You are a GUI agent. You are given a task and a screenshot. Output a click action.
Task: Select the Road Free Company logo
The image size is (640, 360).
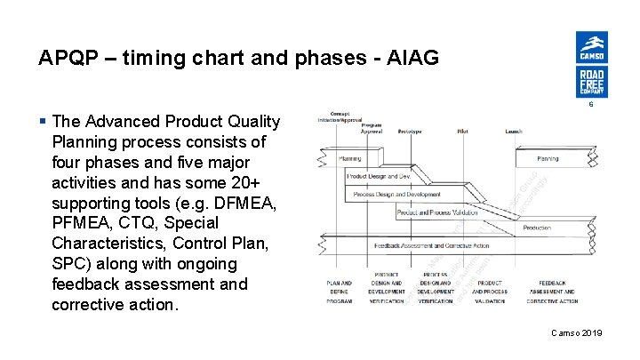tap(591, 82)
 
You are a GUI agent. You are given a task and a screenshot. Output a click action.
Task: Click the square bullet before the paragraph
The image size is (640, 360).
tap(44, 122)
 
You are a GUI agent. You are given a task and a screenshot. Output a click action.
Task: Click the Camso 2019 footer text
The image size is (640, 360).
tap(576, 332)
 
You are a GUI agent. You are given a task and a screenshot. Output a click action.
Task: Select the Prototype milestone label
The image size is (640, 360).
tap(410, 131)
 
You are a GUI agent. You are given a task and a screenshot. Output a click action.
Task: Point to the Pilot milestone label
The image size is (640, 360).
tap(463, 131)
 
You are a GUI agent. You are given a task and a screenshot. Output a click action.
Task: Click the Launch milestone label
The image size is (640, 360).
tap(514, 131)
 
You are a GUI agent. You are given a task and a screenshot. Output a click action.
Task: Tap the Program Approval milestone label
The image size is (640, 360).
tap(372, 128)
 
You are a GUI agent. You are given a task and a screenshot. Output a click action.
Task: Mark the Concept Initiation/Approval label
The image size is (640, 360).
tap(340, 117)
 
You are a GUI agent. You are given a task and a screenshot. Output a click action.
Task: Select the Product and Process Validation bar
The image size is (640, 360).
tap(436, 213)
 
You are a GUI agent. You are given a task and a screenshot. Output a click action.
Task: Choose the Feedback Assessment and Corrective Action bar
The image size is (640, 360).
tap(432, 245)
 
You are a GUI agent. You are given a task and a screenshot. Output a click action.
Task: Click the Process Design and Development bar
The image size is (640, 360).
tap(396, 195)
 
